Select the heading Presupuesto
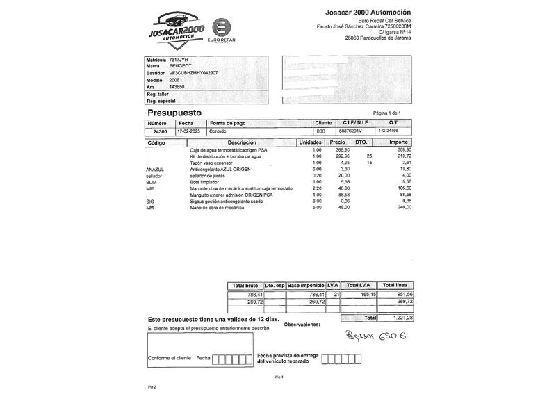[x=174, y=112]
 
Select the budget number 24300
[x=160, y=131]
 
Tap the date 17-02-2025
[x=188, y=131]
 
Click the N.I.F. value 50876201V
[x=349, y=131]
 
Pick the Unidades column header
[x=309, y=142]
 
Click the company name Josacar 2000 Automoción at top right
[x=368, y=13]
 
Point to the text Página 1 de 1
[x=387, y=113]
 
